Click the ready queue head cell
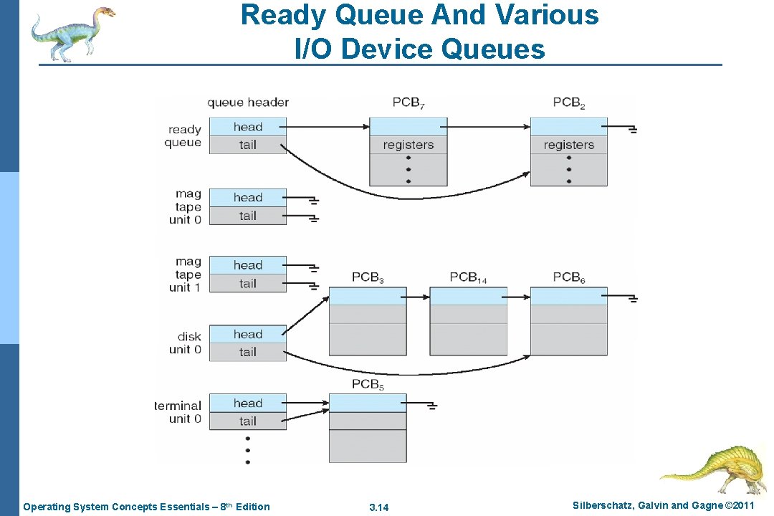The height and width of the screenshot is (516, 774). click(248, 127)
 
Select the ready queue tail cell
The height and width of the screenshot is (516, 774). click(248, 145)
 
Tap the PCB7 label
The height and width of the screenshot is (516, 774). click(408, 102)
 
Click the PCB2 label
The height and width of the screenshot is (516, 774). click(569, 102)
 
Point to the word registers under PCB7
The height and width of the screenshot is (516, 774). click(408, 145)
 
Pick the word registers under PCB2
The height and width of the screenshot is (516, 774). click(568, 145)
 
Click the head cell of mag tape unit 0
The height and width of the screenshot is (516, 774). click(248, 198)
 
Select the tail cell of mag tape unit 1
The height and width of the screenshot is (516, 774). click(248, 284)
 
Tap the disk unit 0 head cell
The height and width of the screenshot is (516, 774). click(248, 334)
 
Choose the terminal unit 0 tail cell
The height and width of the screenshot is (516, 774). click(248, 421)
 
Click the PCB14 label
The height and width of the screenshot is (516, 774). click(468, 277)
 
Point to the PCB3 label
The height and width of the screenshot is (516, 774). click(368, 277)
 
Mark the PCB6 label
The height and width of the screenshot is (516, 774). click(569, 277)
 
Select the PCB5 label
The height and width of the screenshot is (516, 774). click(368, 385)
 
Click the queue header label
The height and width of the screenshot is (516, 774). click(248, 102)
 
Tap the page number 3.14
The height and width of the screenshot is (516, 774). click(378, 507)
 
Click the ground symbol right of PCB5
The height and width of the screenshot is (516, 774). click(431, 406)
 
